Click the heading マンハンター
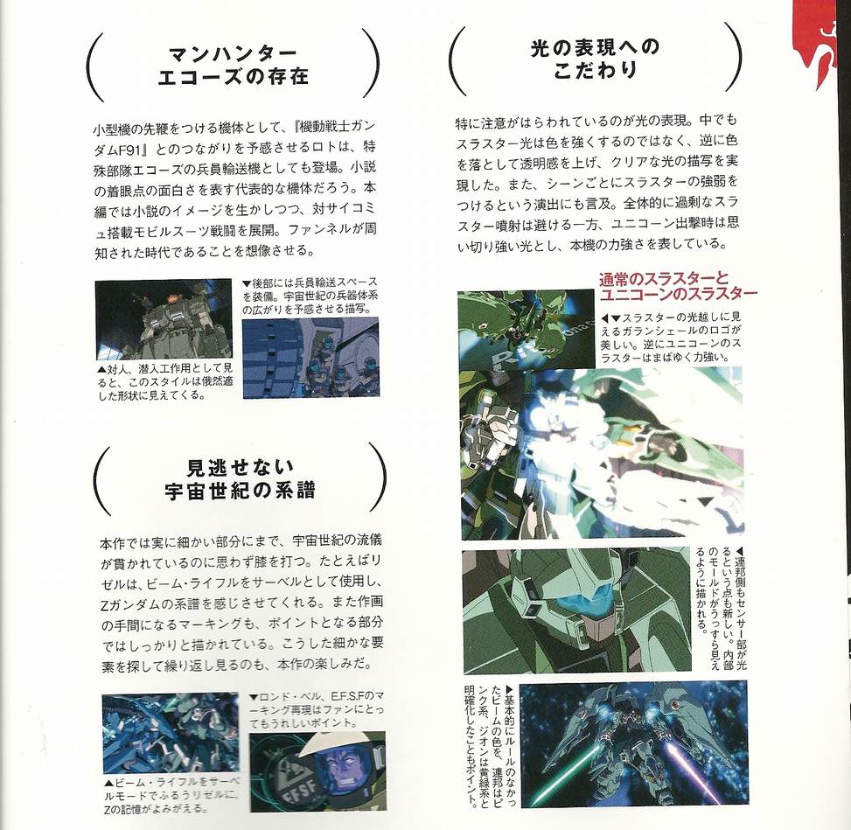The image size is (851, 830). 233,54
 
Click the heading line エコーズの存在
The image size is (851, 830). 234,77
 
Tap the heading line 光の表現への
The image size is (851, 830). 595,48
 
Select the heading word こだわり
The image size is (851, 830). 595,70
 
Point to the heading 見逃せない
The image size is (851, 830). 241,467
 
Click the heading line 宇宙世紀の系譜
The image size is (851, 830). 241,490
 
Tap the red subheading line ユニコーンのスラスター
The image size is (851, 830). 679,294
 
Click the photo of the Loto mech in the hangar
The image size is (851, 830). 164,319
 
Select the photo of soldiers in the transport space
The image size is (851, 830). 310,359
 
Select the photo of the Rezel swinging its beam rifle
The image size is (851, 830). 170,734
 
